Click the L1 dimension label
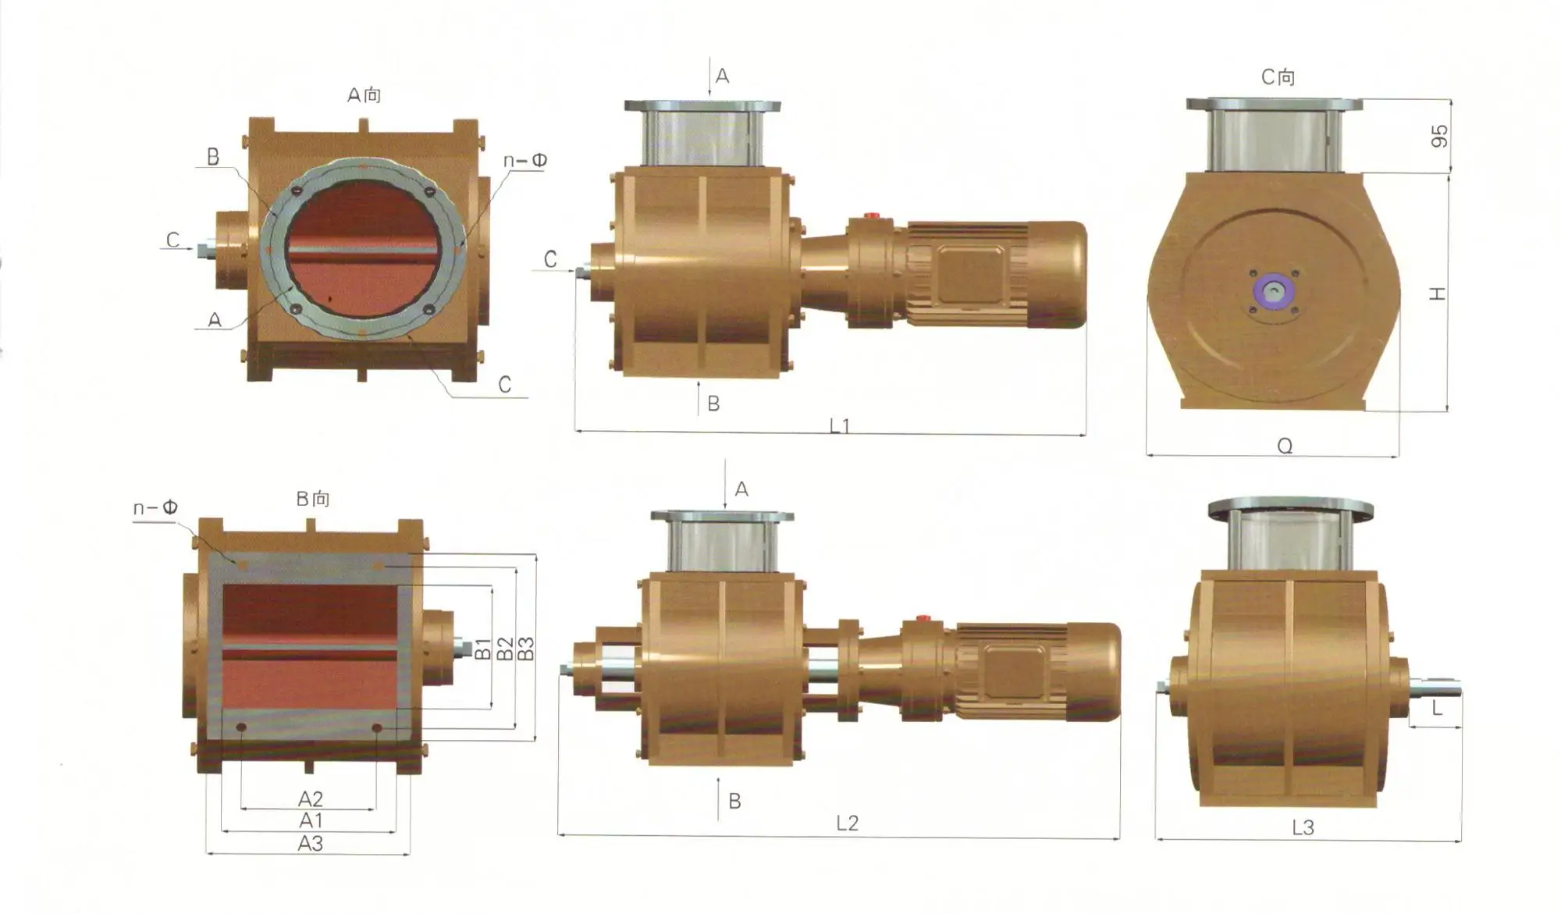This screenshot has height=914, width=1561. [839, 425]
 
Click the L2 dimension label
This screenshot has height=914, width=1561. [847, 823]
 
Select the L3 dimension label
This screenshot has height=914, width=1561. [1303, 827]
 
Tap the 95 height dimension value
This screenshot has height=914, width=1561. [1440, 136]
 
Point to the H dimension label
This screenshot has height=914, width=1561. [1438, 293]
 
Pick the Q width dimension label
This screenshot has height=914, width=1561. [1285, 446]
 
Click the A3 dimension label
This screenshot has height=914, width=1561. [310, 843]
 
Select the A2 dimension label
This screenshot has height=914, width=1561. [310, 798]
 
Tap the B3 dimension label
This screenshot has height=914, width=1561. [527, 649]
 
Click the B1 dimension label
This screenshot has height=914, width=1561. [483, 649]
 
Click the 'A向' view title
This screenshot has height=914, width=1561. [364, 95]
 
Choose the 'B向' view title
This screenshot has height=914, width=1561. [313, 499]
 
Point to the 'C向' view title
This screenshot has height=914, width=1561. [1278, 77]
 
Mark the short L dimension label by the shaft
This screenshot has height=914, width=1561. [1437, 708]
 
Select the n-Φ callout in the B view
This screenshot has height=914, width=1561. [155, 508]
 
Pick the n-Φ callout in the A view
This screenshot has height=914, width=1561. [524, 161]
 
